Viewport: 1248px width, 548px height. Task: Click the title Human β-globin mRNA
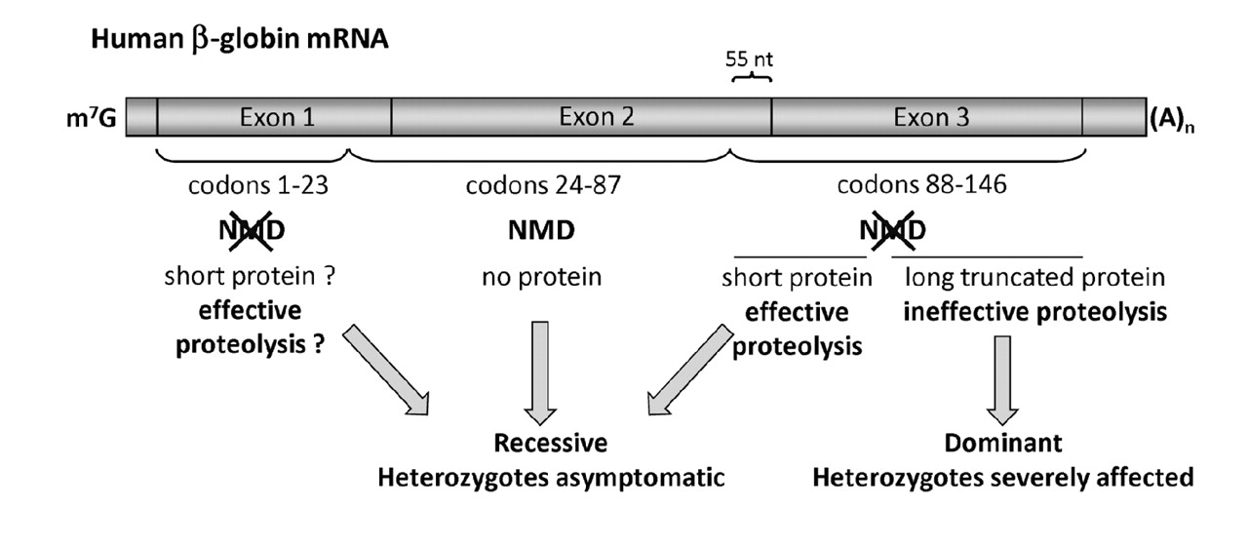[240, 44]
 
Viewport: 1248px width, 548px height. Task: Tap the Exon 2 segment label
[597, 117]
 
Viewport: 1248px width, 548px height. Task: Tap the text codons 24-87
[541, 185]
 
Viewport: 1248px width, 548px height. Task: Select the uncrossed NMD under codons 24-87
[541, 233]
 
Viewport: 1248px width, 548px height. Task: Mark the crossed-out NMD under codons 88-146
[892, 233]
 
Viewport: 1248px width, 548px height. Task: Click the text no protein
[541, 278]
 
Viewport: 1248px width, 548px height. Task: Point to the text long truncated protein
[1034, 278]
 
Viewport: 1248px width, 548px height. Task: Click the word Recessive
[550, 443]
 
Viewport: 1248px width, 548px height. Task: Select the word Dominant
[1002, 443]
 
